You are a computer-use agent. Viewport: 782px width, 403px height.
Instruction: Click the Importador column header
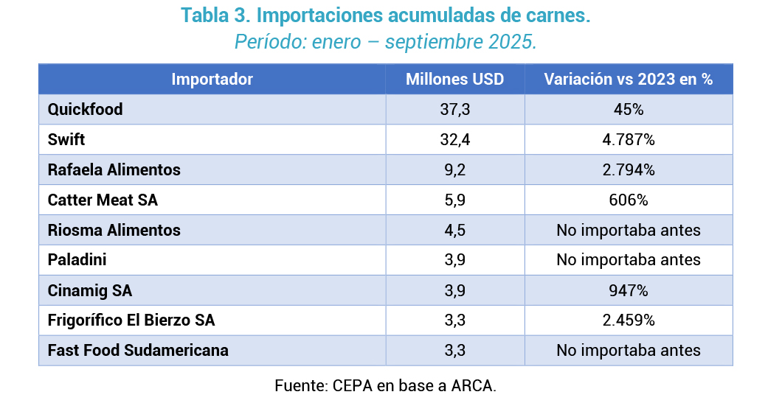pos(212,80)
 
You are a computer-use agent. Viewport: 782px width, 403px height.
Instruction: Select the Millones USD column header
pos(454,80)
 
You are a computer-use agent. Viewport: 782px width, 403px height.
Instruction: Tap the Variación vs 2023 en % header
pos(628,80)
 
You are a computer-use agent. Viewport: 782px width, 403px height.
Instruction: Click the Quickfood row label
pos(85,110)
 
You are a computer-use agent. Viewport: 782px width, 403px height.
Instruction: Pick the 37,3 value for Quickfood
pos(454,110)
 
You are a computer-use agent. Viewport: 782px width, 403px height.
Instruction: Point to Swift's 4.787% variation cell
pos(629,140)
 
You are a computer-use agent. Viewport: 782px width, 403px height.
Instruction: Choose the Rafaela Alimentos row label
pos(114,170)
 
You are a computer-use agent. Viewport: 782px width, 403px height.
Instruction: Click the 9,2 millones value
pos(454,170)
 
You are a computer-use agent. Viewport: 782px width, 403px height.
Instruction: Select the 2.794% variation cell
pos(629,170)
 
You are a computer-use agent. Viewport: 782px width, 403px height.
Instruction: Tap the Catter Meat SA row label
pos(103,200)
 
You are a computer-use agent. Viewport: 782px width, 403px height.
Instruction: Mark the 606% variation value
pos(629,200)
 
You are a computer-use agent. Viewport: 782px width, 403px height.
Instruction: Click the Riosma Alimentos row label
pos(114,231)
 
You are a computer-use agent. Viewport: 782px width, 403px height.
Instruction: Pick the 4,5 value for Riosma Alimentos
pos(454,231)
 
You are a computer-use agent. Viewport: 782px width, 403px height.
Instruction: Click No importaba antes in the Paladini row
pos(629,260)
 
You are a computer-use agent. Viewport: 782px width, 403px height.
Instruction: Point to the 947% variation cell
pos(629,290)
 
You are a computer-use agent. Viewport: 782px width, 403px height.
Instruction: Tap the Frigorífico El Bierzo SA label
pos(131,320)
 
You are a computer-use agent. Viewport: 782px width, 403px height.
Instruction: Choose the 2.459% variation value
pos(629,320)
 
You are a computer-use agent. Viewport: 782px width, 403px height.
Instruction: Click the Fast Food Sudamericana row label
pos(138,351)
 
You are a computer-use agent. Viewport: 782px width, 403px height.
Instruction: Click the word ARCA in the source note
pos(474,385)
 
